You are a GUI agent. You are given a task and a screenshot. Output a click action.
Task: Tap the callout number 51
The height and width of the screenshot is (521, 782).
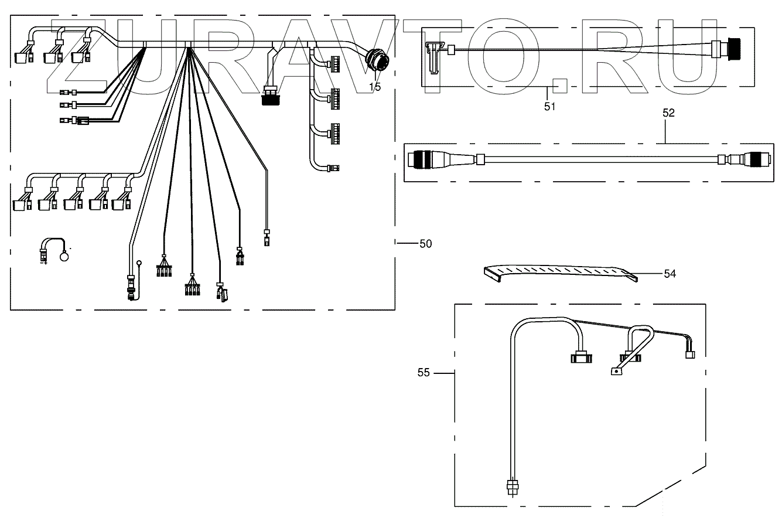coord(549,106)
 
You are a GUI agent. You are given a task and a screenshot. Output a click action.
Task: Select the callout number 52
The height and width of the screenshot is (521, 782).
coord(668,114)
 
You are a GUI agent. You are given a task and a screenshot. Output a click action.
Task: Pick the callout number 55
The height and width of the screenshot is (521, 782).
coord(425,372)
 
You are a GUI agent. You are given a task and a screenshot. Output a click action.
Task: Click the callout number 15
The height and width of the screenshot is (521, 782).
coord(375,87)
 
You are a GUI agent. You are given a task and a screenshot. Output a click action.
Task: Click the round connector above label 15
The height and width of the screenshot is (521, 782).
coord(375,62)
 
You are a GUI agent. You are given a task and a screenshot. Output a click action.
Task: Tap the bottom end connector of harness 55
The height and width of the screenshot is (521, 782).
coord(513,487)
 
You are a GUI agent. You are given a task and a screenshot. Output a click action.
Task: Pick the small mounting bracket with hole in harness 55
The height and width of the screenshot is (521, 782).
coord(616,371)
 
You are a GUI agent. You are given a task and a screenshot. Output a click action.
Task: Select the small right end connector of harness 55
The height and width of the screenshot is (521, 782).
coord(690,354)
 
